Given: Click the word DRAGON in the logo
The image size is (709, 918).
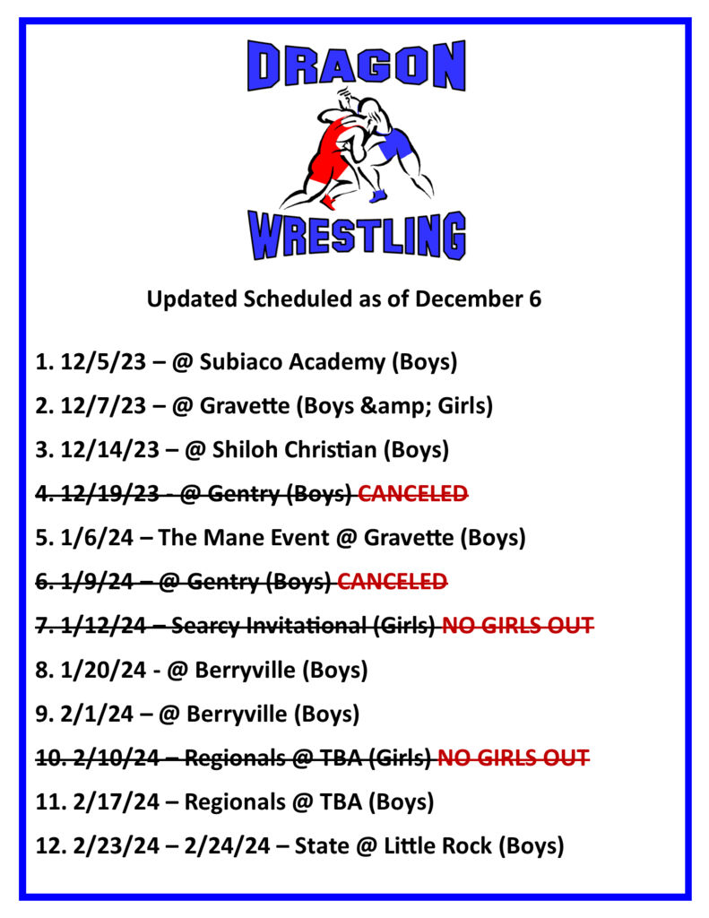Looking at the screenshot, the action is (x=357, y=65).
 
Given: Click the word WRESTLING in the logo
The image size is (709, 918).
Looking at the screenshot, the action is (x=357, y=235).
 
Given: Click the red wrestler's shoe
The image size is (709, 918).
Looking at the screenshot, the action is (x=330, y=203).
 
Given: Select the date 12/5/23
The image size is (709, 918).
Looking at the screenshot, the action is (x=103, y=362).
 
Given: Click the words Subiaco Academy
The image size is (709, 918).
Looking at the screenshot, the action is (x=292, y=362).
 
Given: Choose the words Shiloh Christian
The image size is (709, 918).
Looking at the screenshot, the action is (x=294, y=450).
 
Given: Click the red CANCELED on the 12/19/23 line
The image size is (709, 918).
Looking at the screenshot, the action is (x=412, y=494).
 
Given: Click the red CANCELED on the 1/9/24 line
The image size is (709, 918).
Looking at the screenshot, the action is (x=393, y=581).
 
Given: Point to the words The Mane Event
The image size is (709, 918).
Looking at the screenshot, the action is (x=244, y=538).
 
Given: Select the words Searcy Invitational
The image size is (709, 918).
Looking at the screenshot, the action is (x=269, y=626).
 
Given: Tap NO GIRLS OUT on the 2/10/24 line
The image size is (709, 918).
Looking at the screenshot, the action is (x=514, y=758).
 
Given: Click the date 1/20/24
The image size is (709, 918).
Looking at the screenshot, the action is (x=103, y=670).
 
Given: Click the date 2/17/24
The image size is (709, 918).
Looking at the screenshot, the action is (x=116, y=801).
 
